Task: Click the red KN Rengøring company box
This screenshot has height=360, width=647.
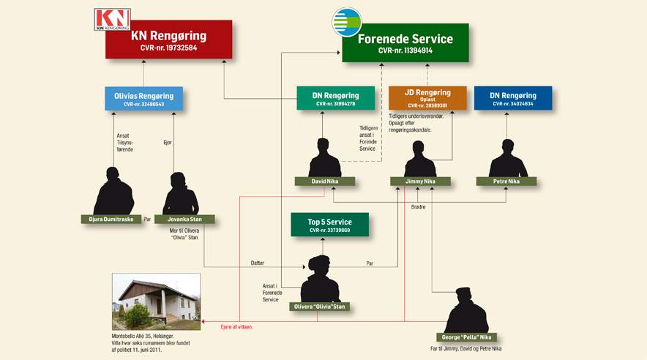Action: [168, 40]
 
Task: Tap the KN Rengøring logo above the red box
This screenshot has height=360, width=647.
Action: [113, 20]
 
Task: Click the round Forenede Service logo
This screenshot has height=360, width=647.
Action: [346, 22]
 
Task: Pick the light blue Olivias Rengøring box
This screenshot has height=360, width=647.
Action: [143, 99]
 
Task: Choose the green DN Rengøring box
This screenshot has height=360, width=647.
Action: [336, 99]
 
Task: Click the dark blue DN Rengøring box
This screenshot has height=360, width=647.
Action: [512, 99]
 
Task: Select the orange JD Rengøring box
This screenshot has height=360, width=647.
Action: [427, 99]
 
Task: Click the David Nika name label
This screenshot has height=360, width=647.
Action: [325, 181]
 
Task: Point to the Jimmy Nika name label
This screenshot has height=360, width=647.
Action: [419, 181]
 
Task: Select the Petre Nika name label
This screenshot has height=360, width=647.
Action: [506, 181]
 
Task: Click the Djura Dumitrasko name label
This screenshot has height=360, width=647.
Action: [111, 219]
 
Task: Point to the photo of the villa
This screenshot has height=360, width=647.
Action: [156, 301]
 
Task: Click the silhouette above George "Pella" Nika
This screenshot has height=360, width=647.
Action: [467, 310]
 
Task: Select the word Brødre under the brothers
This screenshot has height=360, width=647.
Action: [418, 207]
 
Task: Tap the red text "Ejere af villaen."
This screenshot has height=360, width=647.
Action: [236, 326]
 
